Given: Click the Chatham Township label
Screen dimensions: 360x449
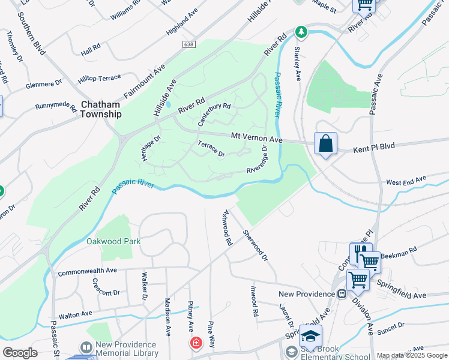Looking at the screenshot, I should [x=100, y=109].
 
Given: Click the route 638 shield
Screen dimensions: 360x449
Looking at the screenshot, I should [x=190, y=44].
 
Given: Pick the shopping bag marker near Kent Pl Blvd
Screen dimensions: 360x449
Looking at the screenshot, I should [x=325, y=144].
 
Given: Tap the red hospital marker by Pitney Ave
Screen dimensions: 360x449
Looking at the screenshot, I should [x=196, y=343].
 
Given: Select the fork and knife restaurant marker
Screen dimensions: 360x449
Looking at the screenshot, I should [x=361, y=251].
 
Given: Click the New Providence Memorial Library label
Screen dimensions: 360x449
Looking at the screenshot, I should [x=126, y=349].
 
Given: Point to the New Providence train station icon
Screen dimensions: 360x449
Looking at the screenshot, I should [x=342, y=294].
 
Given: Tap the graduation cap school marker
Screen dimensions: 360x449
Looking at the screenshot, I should [x=310, y=336].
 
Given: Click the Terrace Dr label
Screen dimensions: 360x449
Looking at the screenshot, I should [x=211, y=149].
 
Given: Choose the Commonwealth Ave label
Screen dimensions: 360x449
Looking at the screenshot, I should [x=88, y=271].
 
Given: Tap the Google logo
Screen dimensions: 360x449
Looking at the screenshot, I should [x=20, y=353].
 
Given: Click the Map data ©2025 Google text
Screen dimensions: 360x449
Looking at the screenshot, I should [x=411, y=355].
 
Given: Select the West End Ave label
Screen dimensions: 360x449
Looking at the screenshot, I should [x=406, y=180].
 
